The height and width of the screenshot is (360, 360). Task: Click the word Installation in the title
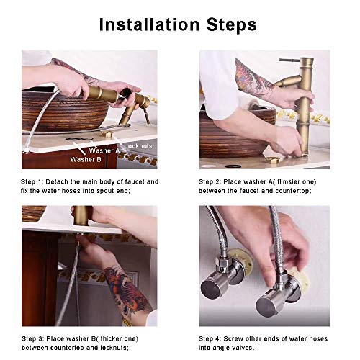149,24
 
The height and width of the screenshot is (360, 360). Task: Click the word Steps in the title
232,25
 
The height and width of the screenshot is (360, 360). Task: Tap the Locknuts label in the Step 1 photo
138,146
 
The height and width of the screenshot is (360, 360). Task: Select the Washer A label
104,150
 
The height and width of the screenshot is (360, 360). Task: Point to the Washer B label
86,159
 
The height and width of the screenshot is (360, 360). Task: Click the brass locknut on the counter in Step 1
107,134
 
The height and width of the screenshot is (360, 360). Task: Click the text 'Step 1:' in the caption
32,182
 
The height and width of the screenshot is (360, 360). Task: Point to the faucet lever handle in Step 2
289,60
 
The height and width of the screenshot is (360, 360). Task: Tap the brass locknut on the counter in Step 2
273,160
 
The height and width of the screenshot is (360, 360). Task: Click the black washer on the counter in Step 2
232,166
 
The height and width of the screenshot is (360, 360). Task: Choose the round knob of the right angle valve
266,306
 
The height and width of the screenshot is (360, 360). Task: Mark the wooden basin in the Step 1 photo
65,111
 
